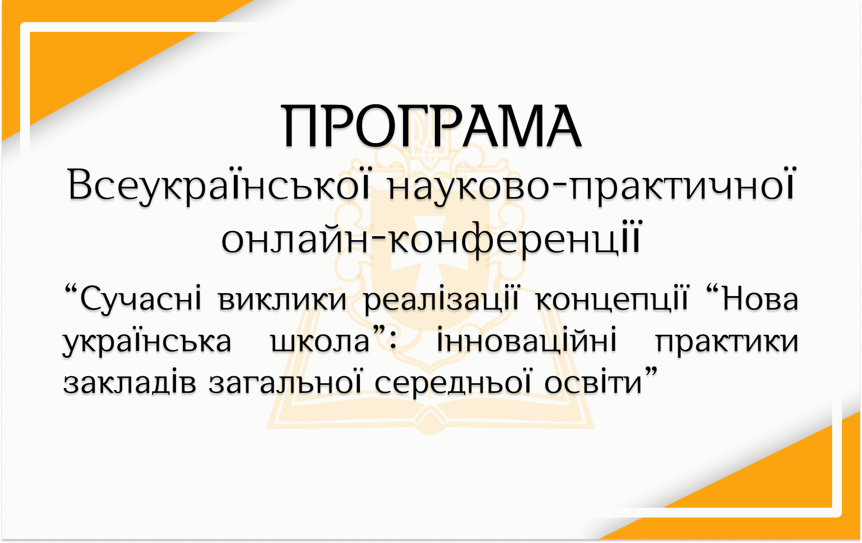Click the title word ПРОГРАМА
(x=431, y=126)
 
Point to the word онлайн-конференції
(x=431, y=239)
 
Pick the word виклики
(x=283, y=300)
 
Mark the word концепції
(x=612, y=300)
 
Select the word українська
(x=147, y=342)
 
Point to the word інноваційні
(x=527, y=340)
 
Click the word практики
(x=727, y=342)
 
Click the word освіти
(x=593, y=383)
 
